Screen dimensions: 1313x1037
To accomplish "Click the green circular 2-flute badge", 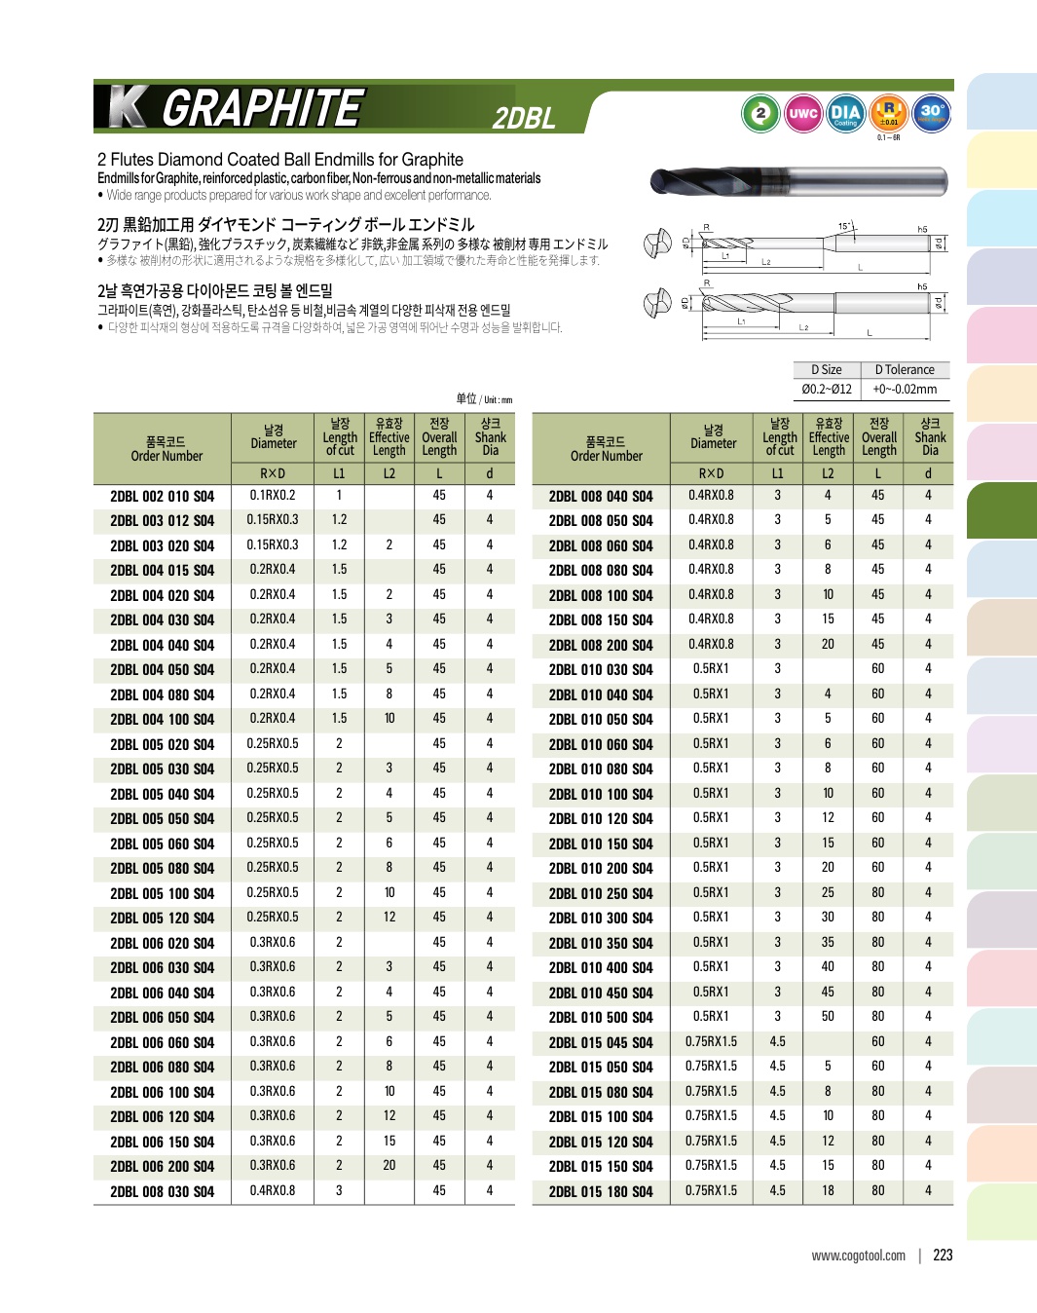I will point(760,113).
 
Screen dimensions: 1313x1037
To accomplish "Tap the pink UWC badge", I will point(803,113).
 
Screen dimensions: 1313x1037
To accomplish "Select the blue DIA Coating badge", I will point(845,113).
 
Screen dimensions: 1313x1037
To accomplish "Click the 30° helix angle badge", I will point(932,112).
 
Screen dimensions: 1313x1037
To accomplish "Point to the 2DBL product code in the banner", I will point(524,118).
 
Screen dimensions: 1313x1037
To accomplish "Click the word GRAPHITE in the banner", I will point(263,107).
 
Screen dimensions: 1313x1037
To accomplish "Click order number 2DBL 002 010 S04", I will point(162,496).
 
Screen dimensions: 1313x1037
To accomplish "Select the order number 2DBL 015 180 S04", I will point(601,1191).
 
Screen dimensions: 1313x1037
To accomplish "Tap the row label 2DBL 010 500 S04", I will point(601,1017).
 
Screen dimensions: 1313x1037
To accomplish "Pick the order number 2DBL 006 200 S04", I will point(162,1166).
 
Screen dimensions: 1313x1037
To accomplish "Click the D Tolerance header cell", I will point(905,370).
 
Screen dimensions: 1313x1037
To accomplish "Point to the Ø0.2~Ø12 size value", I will point(827,389).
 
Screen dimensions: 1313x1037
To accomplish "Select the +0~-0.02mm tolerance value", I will point(905,389).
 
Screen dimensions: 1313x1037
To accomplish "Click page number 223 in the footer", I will point(943,1255).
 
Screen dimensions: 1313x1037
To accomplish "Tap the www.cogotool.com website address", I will point(858,1256).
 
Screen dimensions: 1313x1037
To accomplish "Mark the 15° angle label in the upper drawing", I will point(844,226).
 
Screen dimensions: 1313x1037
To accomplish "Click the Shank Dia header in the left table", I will point(490,437).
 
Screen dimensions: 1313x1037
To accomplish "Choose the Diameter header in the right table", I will point(713,436).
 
